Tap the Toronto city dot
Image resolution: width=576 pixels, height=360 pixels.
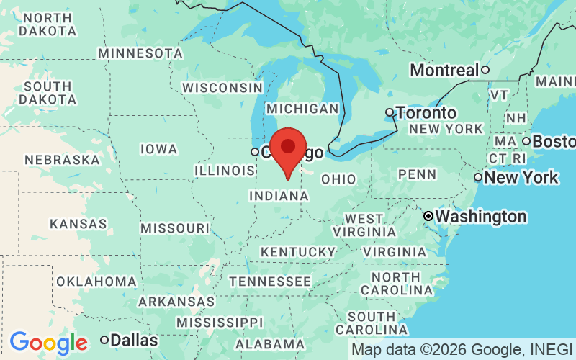[390, 112]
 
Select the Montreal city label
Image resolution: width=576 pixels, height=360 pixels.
[444, 71]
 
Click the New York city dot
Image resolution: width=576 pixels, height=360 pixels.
[478, 177]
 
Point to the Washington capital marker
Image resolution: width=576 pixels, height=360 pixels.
[428, 216]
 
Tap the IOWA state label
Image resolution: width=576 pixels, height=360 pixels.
[158, 149]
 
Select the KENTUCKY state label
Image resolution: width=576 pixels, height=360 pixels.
[298, 252]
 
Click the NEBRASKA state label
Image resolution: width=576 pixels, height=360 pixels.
[62, 160]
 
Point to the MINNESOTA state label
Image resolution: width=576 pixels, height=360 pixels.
[140, 53]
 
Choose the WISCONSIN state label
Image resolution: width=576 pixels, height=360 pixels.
[222, 88]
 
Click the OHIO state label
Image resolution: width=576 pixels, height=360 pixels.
[338, 179]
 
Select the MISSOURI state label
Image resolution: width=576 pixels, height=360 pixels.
[175, 228]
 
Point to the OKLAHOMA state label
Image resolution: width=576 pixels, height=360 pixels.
[96, 282]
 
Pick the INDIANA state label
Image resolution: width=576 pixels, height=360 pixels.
[279, 196]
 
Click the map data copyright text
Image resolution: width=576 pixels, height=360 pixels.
[462, 350]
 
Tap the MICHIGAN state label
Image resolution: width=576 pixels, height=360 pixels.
[302, 109]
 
